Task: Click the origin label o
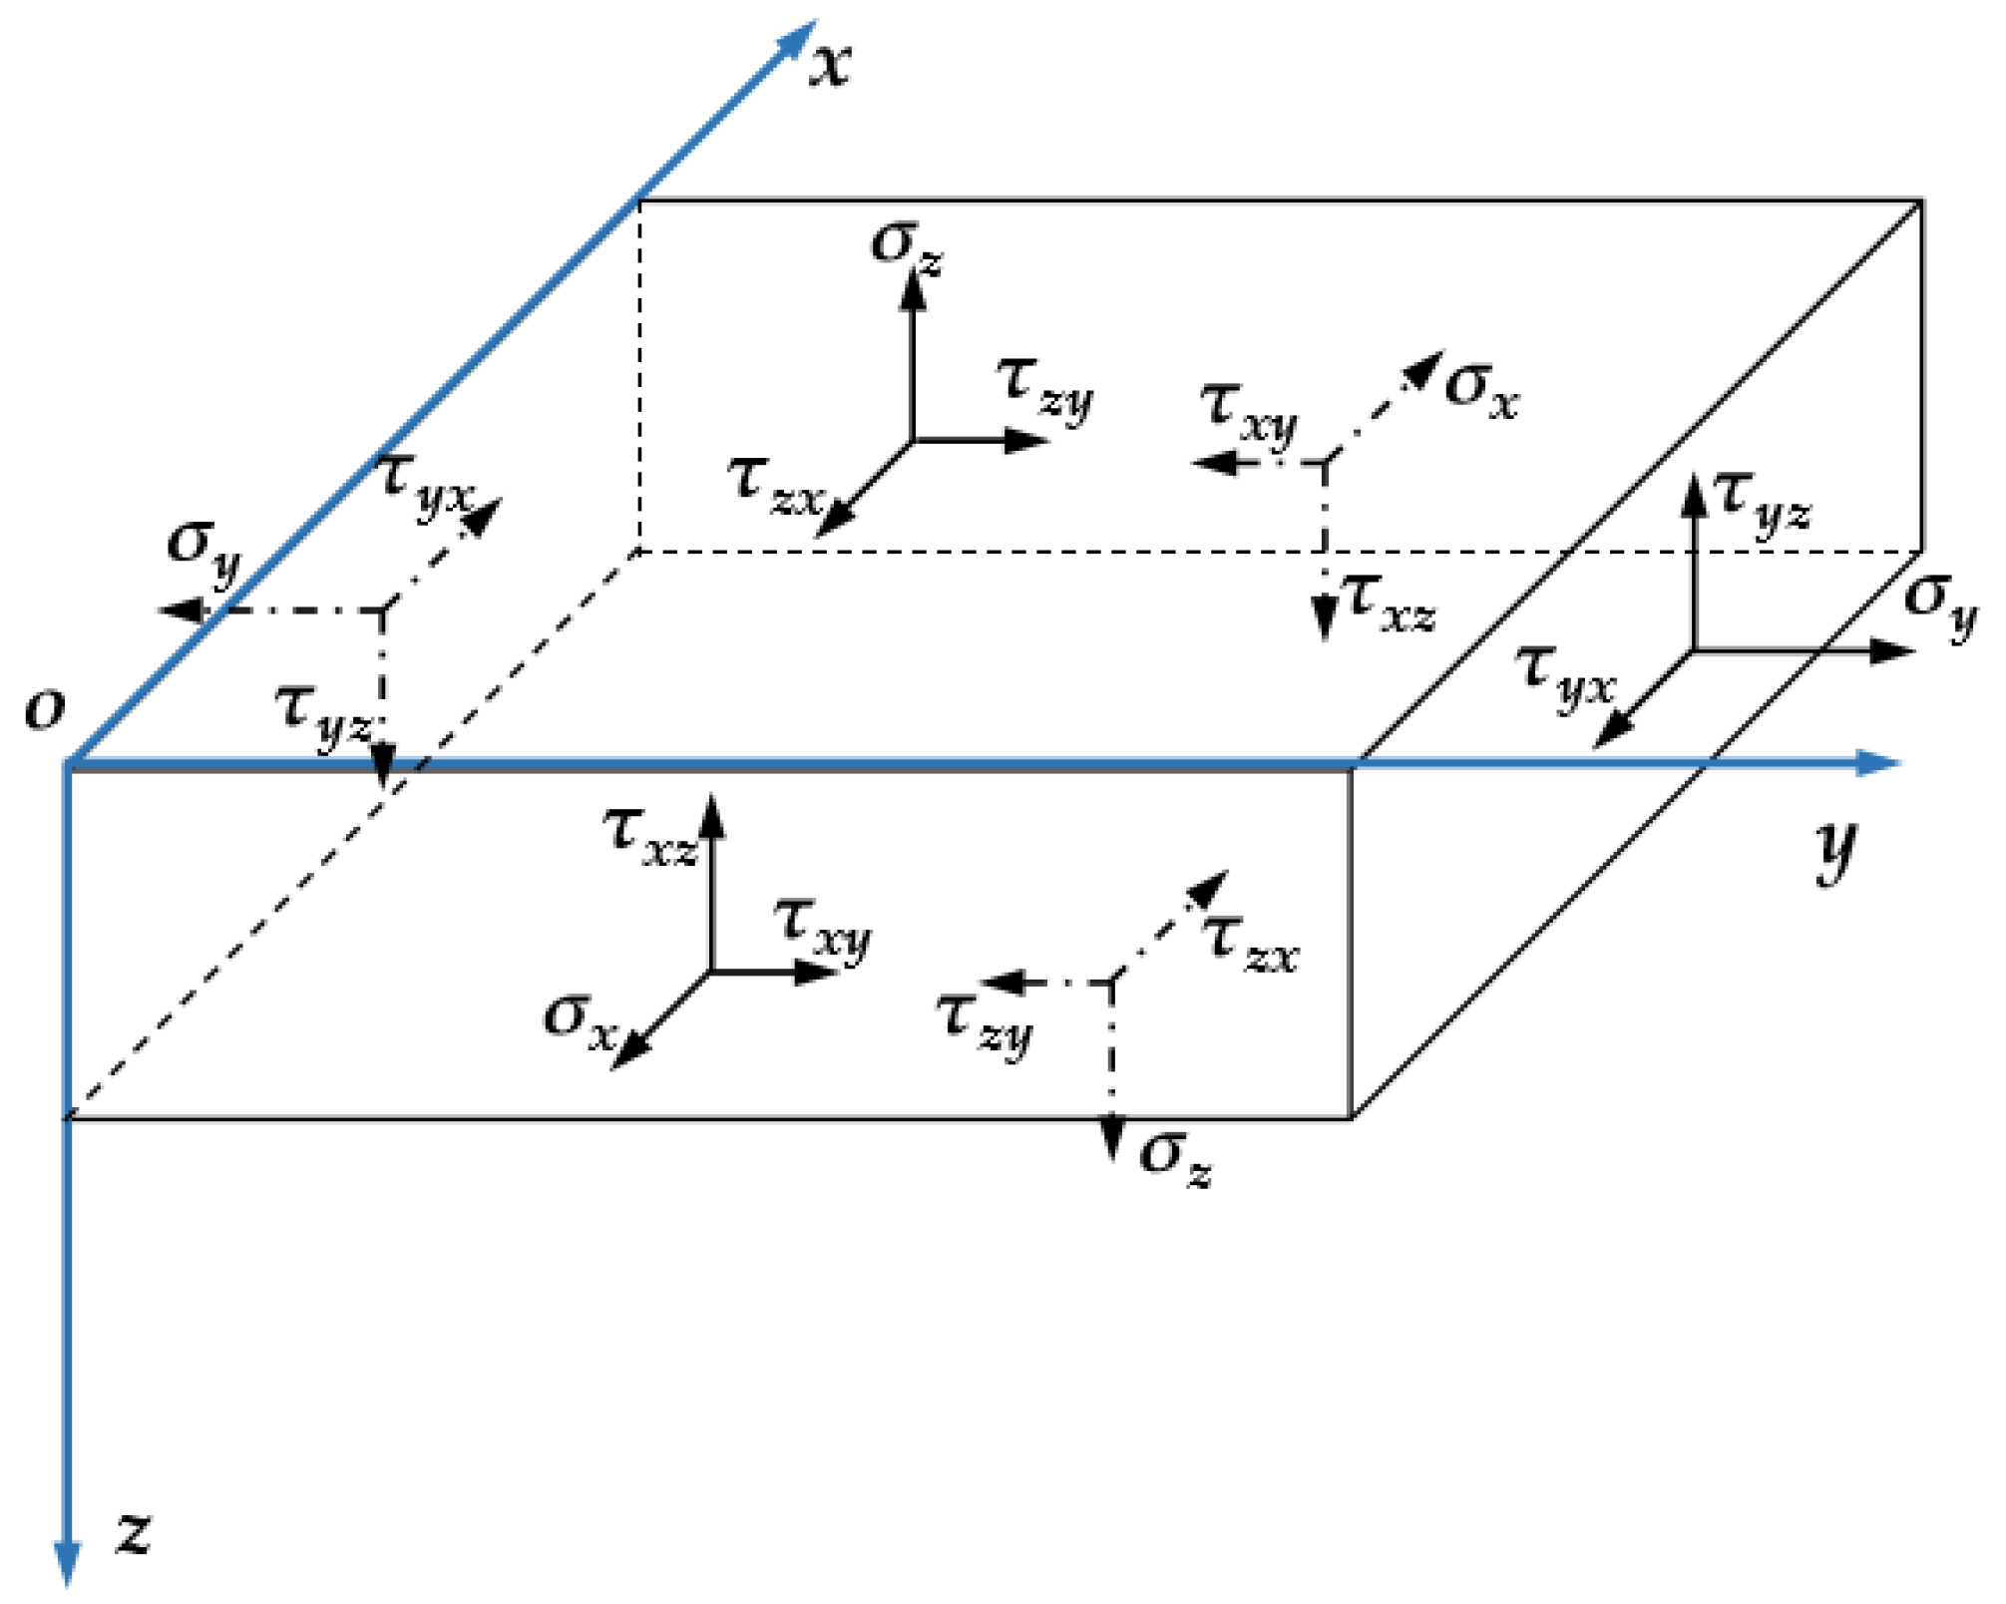[x=45, y=709]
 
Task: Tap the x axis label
[x=829, y=66]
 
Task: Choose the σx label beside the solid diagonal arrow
[x=581, y=1020]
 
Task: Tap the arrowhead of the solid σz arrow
[x=912, y=289]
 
